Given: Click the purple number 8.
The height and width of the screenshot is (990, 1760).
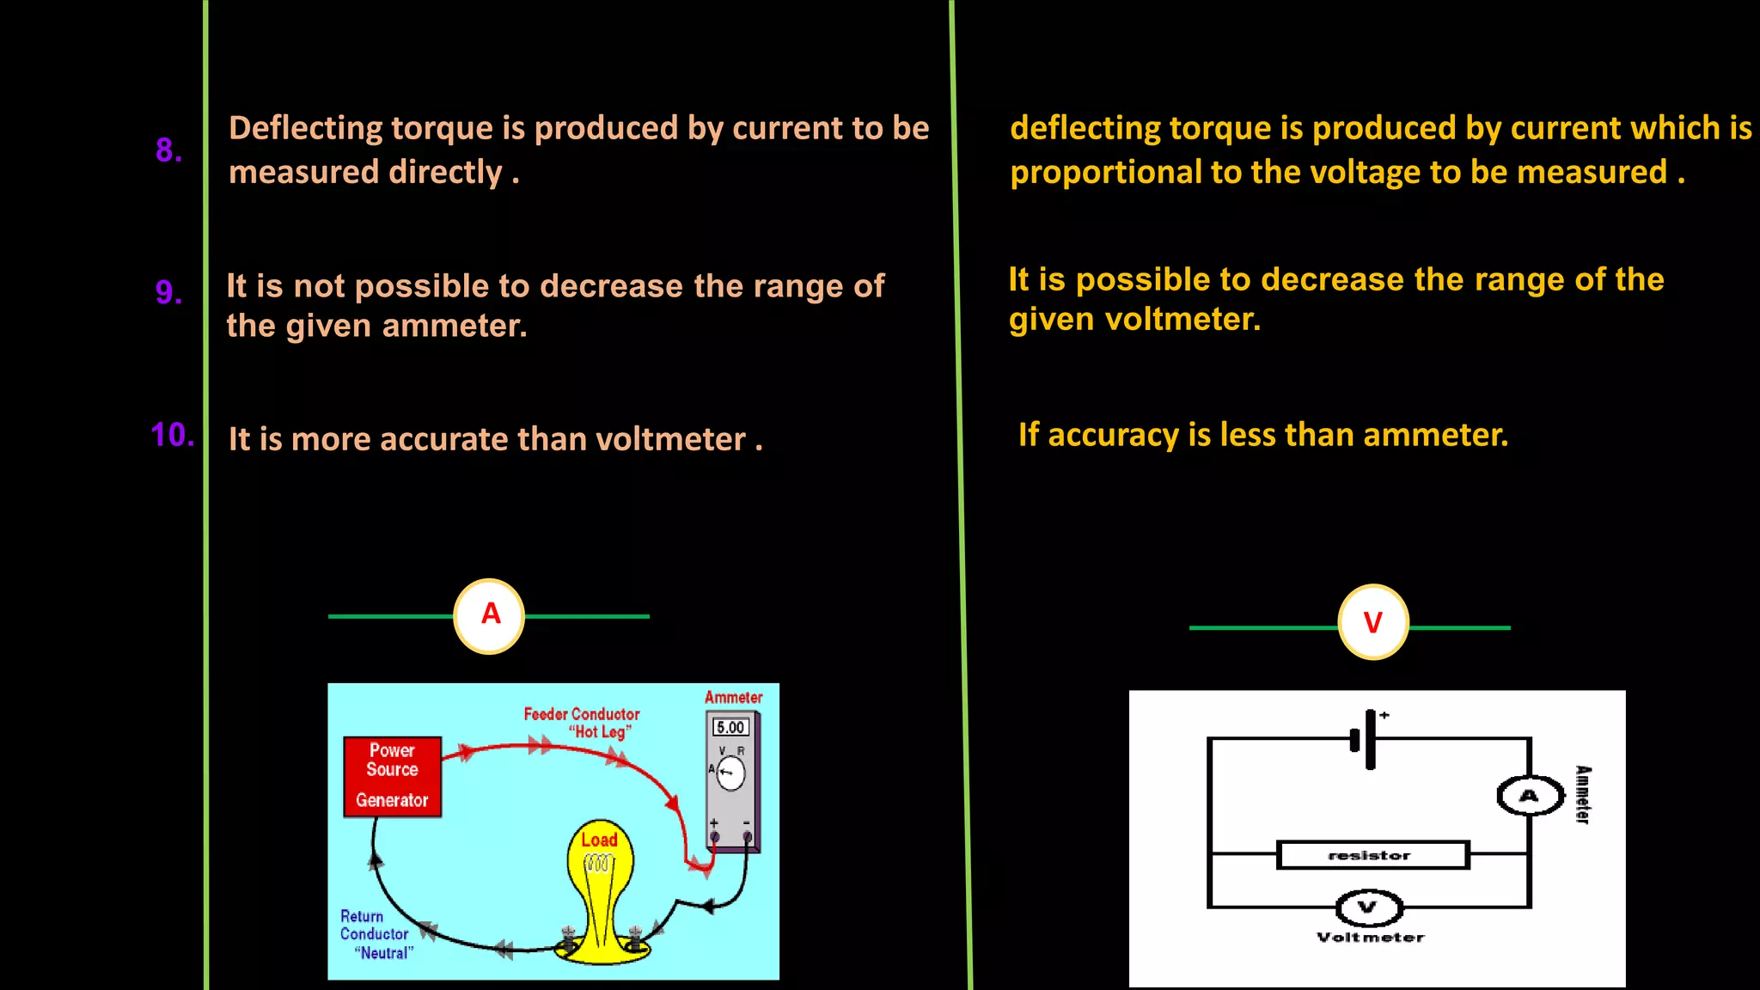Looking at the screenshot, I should (x=168, y=150).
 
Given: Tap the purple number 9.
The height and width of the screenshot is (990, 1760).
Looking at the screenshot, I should (x=168, y=292).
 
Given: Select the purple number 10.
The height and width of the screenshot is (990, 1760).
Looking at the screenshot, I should (x=172, y=435).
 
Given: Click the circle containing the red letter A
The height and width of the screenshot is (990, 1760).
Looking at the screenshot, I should (x=489, y=615).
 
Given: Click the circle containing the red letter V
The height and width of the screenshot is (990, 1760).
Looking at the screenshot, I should (x=1372, y=622).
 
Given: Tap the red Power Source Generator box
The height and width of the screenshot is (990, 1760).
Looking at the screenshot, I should (x=392, y=776).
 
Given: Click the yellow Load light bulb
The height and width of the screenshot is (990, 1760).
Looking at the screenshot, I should (x=601, y=868).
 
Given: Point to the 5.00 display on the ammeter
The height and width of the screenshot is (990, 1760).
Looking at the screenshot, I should (x=730, y=727).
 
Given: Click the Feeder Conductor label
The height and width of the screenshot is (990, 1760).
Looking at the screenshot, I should (x=582, y=714).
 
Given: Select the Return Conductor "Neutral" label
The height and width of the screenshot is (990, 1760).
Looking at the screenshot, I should (x=376, y=934).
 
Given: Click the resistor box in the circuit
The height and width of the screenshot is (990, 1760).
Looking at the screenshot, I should (x=1372, y=855).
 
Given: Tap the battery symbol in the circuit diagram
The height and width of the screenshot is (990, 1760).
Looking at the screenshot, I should (x=1366, y=738).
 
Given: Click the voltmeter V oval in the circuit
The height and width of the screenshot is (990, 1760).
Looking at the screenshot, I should (x=1368, y=907).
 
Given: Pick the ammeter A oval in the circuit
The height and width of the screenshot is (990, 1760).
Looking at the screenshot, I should (x=1530, y=796).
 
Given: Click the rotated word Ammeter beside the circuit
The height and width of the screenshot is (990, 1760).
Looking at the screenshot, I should (x=1582, y=795).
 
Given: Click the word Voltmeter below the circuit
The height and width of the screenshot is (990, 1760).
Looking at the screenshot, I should (x=1370, y=938).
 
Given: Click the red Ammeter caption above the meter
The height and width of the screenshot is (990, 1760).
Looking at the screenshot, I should (x=733, y=697).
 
